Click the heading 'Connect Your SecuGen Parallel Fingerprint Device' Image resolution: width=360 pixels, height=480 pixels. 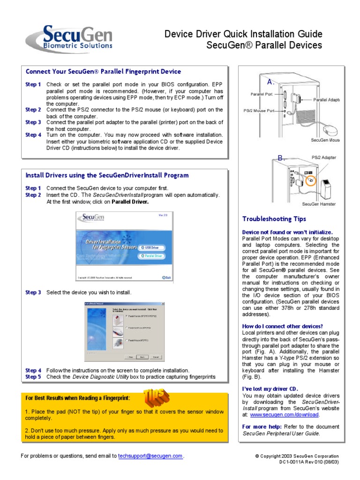(x=103, y=72)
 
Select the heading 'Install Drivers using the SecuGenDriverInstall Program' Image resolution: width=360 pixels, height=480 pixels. (x=107, y=175)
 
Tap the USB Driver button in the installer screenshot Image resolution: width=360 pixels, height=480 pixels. (x=150, y=247)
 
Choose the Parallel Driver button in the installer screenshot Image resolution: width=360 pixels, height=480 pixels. (x=150, y=256)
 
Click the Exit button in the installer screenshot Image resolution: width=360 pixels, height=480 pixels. (x=166, y=277)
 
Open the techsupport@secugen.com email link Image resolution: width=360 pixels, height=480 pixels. (x=150, y=456)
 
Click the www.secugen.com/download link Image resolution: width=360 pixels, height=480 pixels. (x=285, y=415)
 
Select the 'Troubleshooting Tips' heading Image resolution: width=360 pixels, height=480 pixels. (x=274, y=219)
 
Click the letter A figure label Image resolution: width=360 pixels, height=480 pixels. (x=270, y=82)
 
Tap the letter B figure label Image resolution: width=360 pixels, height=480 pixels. (x=281, y=158)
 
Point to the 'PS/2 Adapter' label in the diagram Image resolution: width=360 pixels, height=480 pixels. (x=323, y=157)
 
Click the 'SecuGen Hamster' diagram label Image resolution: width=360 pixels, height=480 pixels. (x=319, y=204)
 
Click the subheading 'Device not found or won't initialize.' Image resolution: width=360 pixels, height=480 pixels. (x=287, y=232)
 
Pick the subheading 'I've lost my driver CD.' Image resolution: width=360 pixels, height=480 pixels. (x=270, y=389)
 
